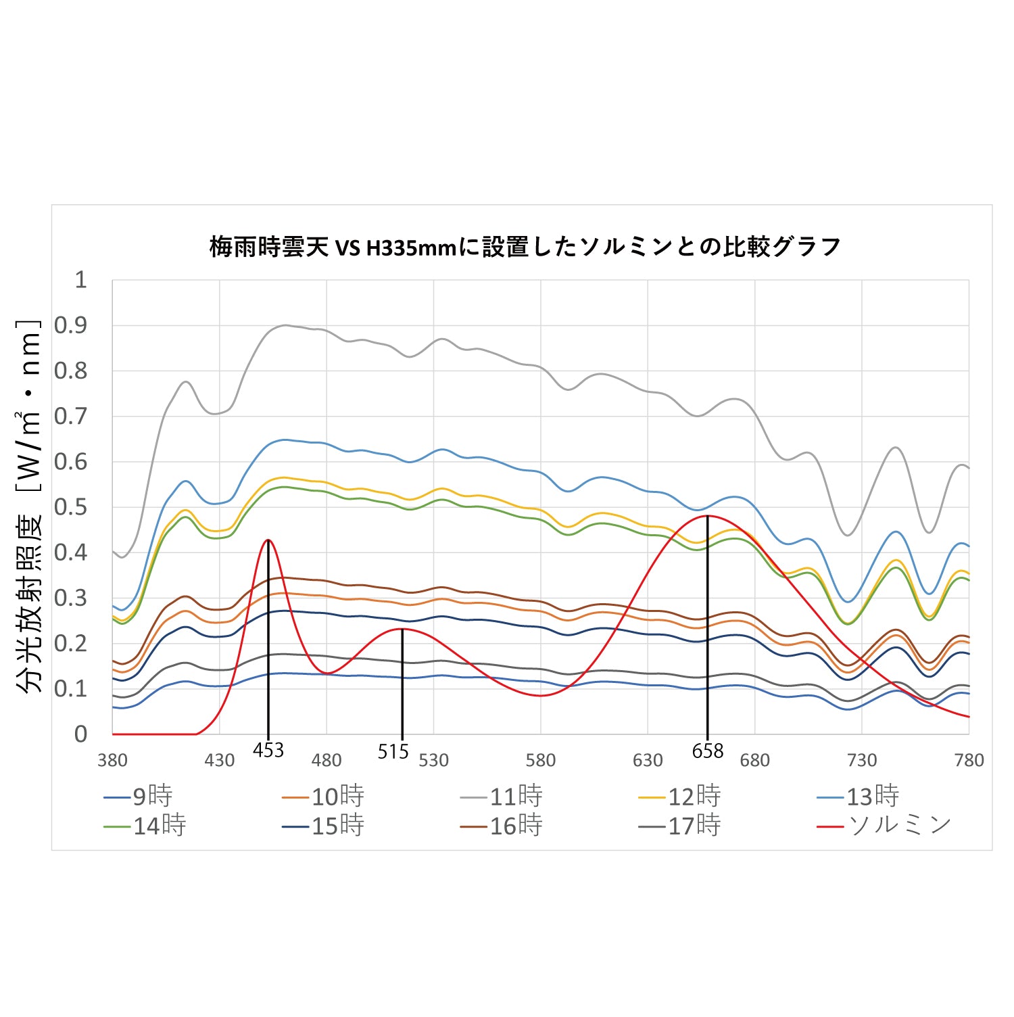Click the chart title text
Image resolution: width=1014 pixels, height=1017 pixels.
pyautogui.click(x=525, y=247)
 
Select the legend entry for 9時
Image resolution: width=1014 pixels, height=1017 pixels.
pyautogui.click(x=139, y=796)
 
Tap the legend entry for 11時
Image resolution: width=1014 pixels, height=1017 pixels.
pyautogui.click(x=502, y=796)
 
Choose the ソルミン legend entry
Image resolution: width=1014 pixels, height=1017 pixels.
pyautogui.click(x=885, y=825)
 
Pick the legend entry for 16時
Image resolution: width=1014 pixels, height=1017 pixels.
pyautogui.click(x=502, y=825)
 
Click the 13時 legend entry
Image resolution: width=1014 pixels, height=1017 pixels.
pyautogui.click(x=859, y=796)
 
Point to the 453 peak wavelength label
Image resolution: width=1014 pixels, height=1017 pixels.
pyautogui.click(x=268, y=750)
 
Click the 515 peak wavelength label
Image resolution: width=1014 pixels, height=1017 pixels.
pyautogui.click(x=393, y=751)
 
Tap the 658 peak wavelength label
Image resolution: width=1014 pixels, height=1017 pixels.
pyautogui.click(x=708, y=751)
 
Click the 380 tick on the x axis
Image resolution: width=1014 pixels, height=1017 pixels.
pyautogui.click(x=112, y=761)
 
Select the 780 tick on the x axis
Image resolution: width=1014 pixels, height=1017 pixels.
pyautogui.click(x=969, y=761)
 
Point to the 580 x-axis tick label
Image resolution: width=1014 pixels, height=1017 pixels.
pyautogui.click(x=541, y=761)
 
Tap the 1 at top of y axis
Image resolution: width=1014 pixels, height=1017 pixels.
pyautogui.click(x=80, y=279)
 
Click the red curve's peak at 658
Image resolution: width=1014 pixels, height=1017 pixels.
pyautogui.click(x=707, y=516)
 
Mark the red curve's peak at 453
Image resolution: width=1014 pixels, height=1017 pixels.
pyautogui.click(x=268, y=540)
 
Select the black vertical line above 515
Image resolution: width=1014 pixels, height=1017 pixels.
pyautogui.click(x=402, y=683)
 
